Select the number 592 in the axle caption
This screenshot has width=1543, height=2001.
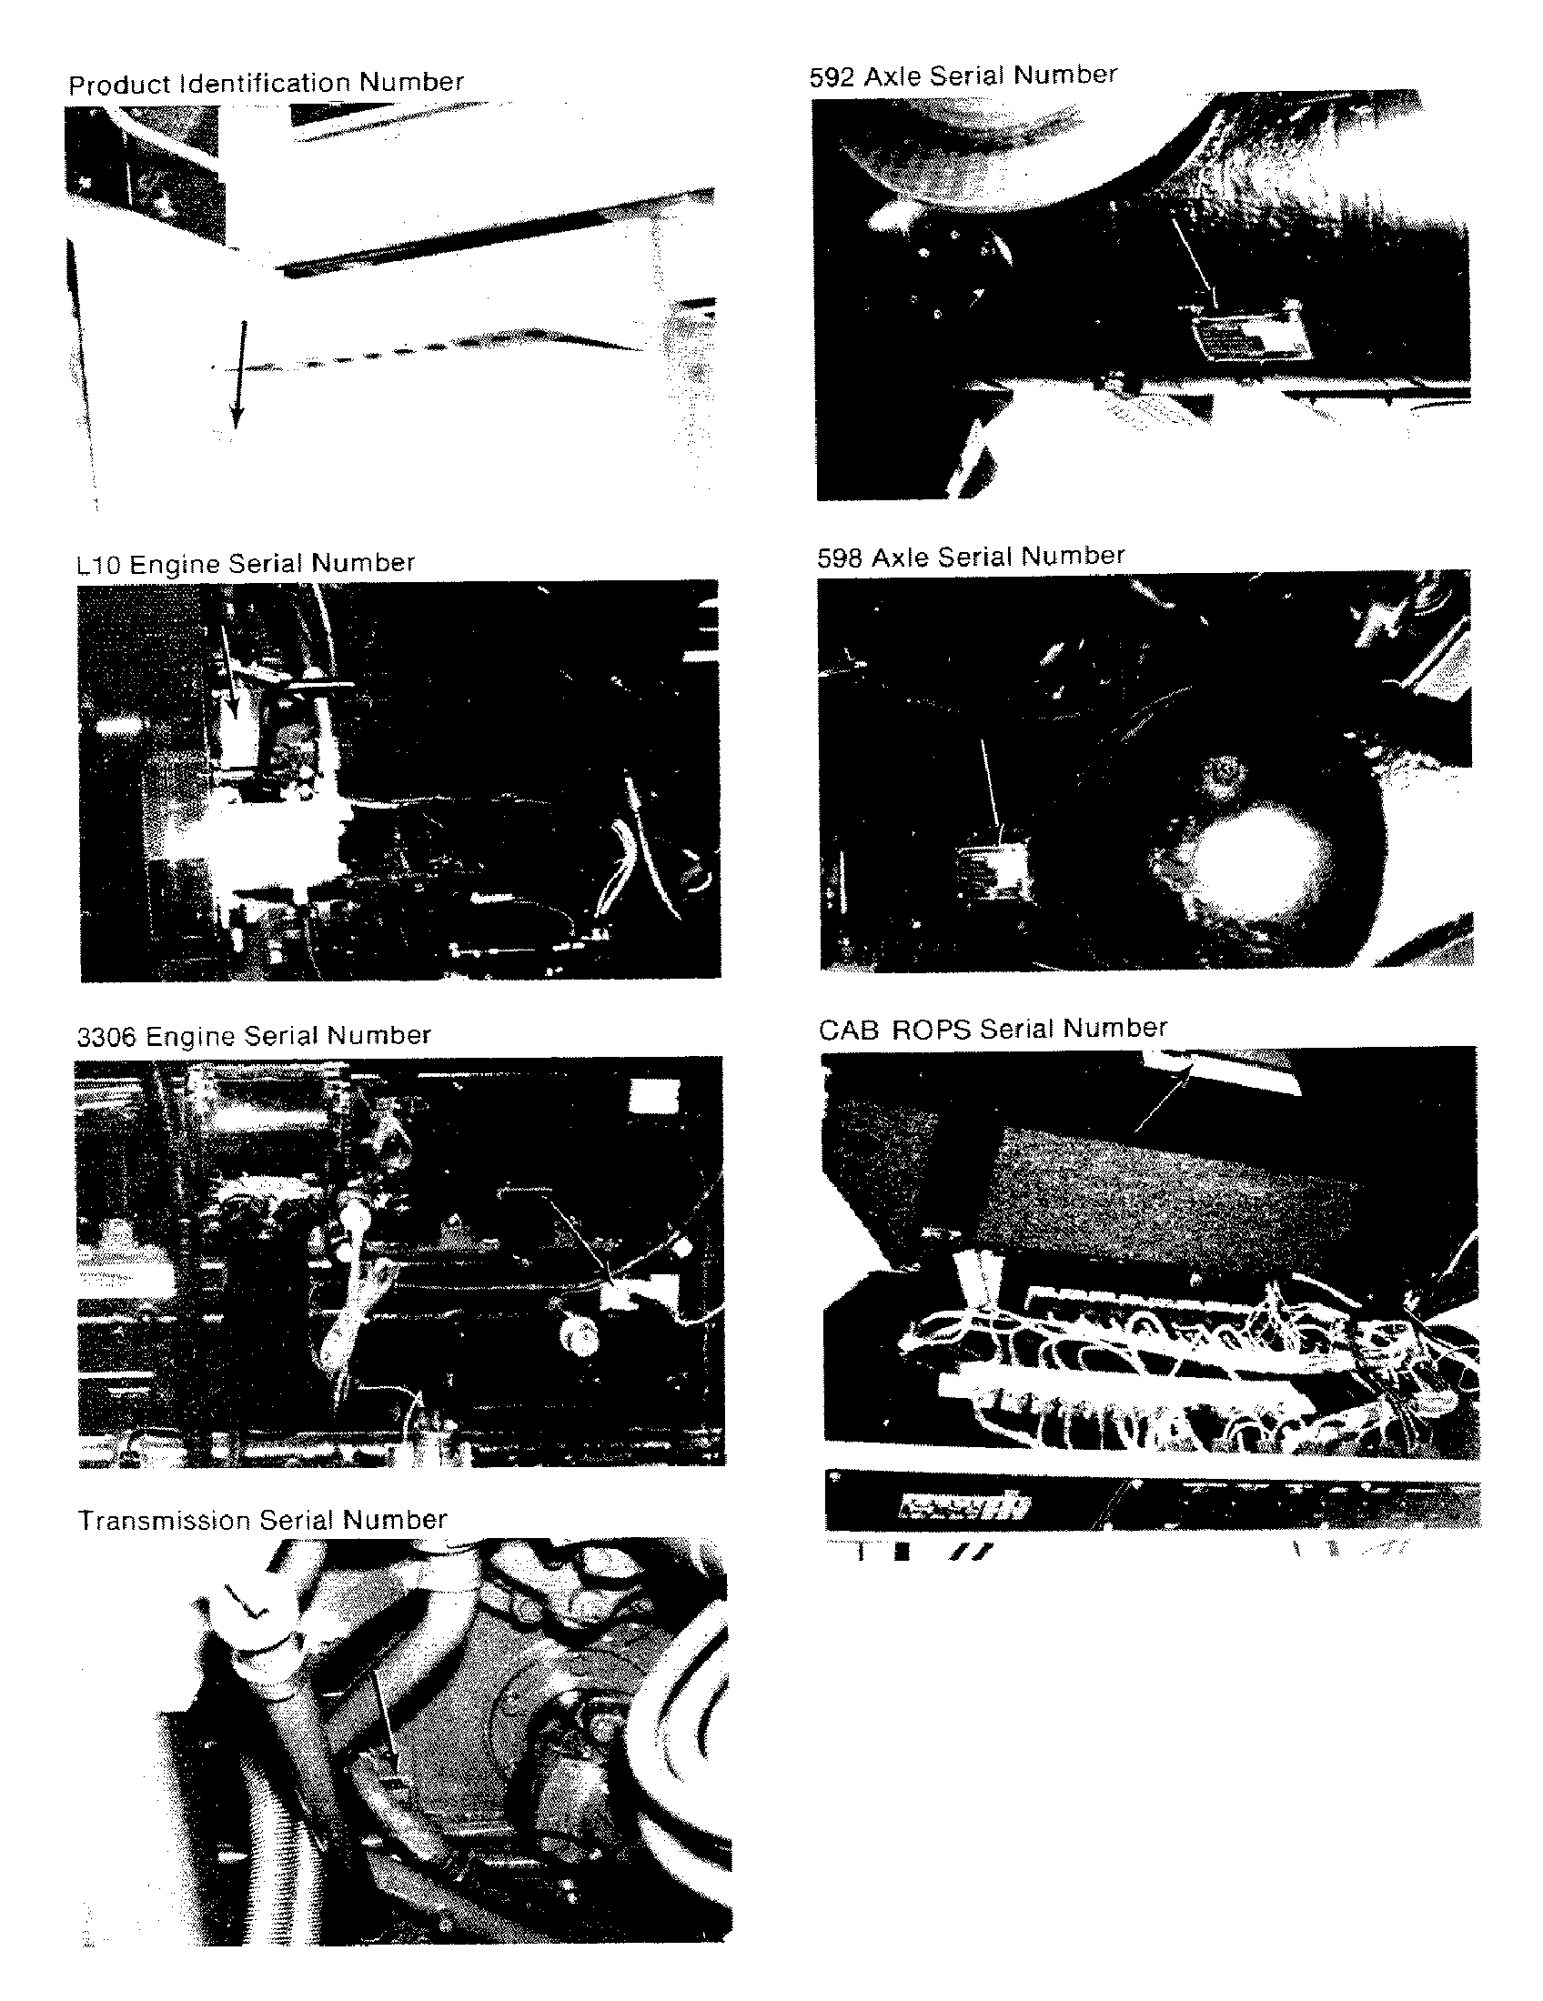tap(832, 76)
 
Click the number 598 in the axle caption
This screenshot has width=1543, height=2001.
tap(840, 558)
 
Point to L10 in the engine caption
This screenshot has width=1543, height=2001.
tap(98, 565)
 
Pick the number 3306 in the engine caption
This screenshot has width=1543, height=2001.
tap(106, 1037)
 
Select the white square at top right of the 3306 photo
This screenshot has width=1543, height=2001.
tap(655, 1096)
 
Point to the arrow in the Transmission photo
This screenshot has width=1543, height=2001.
tap(385, 1724)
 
